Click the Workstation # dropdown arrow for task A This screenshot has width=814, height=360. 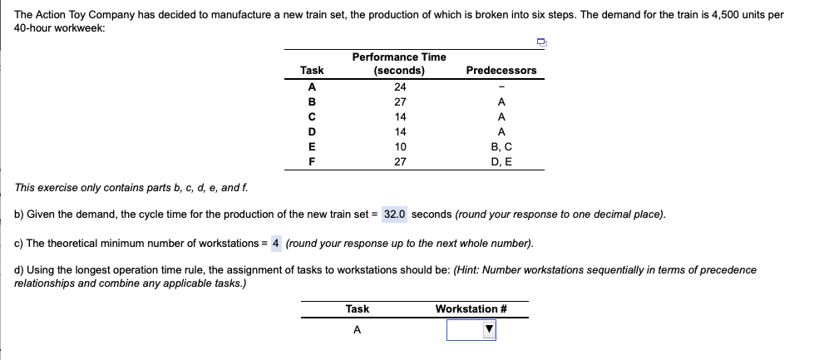489,329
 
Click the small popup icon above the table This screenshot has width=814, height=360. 541,42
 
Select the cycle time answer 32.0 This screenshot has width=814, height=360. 395,215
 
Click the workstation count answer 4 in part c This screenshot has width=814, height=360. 276,244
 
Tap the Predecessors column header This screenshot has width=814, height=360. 501,71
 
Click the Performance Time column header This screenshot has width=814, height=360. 399,64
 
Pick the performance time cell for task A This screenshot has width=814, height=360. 400,86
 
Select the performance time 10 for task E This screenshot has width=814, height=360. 400,147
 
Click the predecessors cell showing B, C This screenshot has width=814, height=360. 501,147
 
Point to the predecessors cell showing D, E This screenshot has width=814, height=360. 501,162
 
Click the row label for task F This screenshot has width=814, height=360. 312,162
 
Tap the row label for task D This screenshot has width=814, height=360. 312,131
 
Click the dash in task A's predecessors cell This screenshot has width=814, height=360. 501,87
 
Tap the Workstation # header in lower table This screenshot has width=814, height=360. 471,309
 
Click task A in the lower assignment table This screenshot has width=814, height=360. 357,330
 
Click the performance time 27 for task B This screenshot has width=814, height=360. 400,101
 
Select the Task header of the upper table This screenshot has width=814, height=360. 312,71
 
